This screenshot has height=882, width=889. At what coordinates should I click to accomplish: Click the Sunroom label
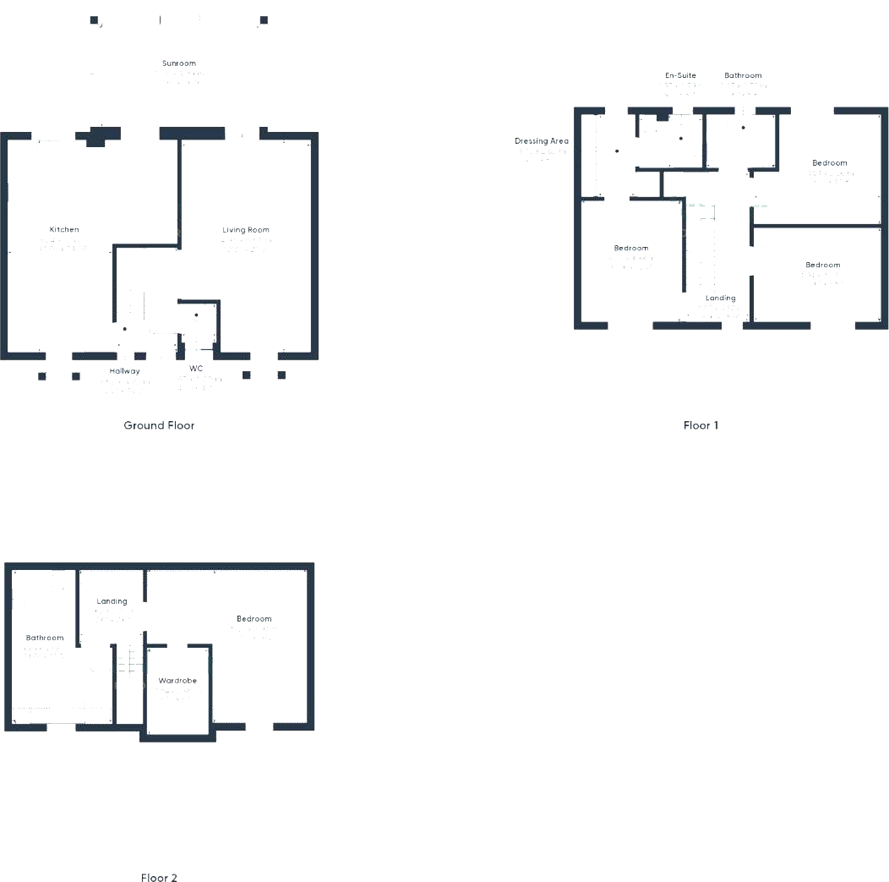179,63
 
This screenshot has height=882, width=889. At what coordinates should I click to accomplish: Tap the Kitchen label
64,230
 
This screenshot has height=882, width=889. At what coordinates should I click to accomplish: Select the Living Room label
246,230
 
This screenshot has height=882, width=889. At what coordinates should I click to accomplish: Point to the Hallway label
125,371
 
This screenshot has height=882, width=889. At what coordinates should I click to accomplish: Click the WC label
196,369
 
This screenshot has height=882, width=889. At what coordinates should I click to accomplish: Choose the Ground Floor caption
159,425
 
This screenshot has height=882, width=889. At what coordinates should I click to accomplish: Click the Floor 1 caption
701,425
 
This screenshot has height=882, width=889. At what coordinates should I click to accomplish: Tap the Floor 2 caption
159,879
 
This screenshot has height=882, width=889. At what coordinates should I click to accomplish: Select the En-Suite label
680,76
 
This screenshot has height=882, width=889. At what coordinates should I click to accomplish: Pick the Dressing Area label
542,141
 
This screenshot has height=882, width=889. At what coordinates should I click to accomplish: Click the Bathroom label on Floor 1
743,76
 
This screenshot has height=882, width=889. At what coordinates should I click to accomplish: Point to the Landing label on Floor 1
721,299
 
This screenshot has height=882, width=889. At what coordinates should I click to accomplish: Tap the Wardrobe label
177,681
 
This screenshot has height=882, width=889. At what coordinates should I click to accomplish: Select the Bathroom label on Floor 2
45,638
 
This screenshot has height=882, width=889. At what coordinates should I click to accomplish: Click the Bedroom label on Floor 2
254,619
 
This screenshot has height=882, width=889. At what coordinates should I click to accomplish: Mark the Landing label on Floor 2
112,602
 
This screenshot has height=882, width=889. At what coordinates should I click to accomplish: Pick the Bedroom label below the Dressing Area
631,249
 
